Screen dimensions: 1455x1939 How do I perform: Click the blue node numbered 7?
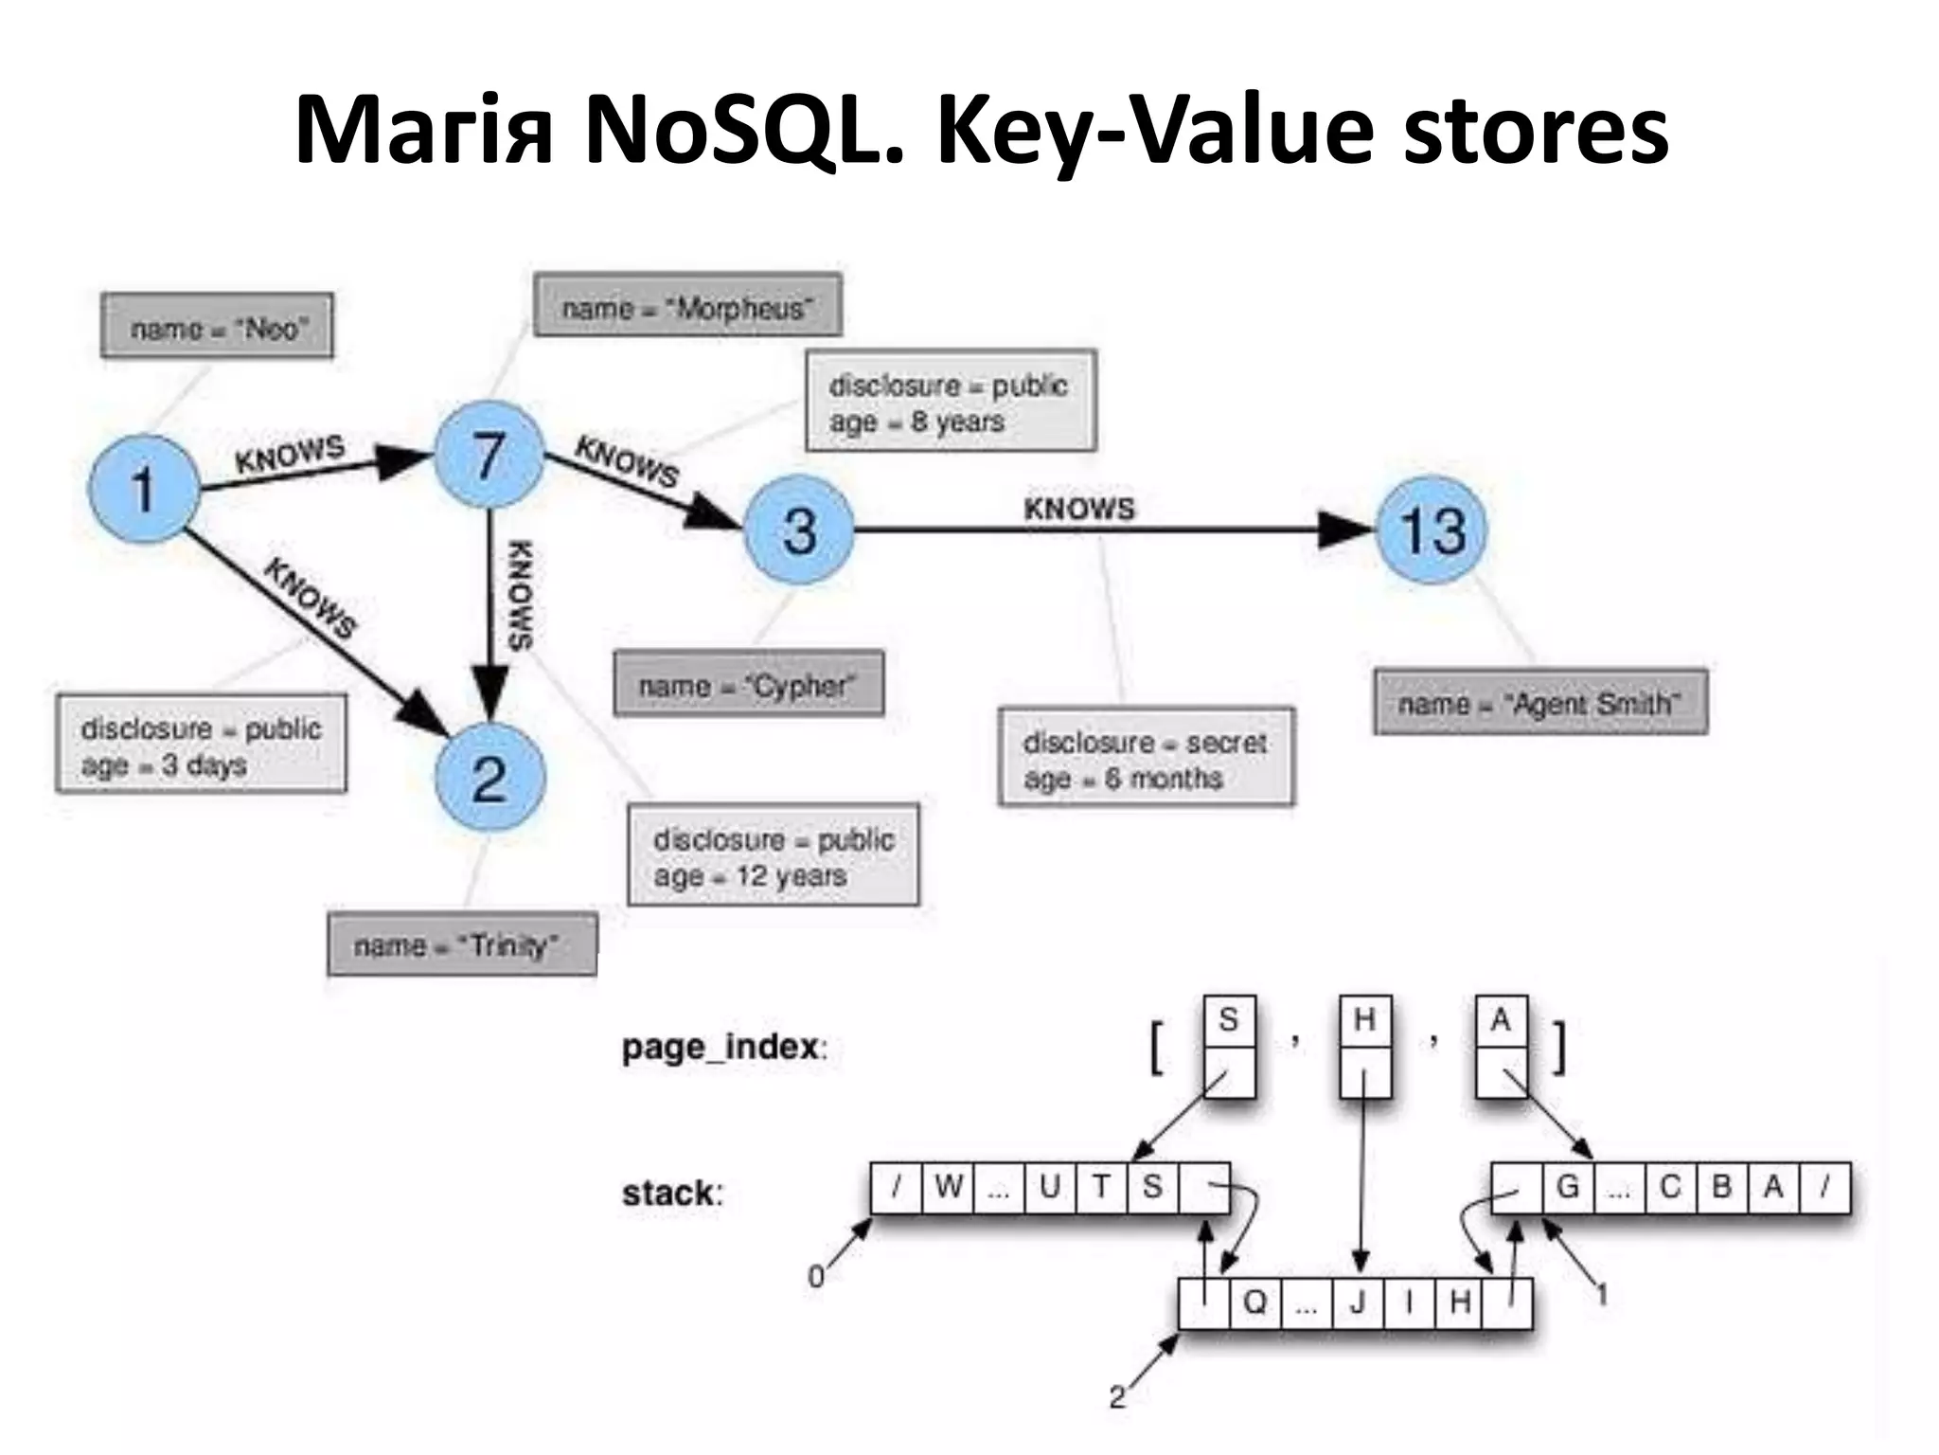(489, 455)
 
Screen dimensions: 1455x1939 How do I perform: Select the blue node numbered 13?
(1432, 530)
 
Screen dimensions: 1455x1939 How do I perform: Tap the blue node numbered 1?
(144, 489)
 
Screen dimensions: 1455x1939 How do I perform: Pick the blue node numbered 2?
(489, 779)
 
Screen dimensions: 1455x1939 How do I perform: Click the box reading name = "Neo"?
(217, 327)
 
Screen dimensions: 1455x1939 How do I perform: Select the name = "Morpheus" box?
(687, 306)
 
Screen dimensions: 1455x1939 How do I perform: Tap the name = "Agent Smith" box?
(1539, 703)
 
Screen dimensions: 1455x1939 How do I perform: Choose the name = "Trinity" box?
(462, 945)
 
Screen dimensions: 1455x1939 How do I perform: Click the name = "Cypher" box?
(748, 684)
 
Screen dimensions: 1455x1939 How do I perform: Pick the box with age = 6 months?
(1146, 758)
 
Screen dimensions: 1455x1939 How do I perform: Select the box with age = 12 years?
(773, 856)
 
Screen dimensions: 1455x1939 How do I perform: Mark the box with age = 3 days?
(201, 745)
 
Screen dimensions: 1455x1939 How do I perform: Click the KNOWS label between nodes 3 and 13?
(1078, 509)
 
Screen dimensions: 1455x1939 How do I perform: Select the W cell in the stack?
(948, 1187)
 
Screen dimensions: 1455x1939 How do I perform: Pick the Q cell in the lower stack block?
(1254, 1302)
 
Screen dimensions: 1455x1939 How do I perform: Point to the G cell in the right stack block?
(1568, 1187)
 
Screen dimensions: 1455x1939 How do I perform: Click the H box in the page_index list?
(1364, 1020)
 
